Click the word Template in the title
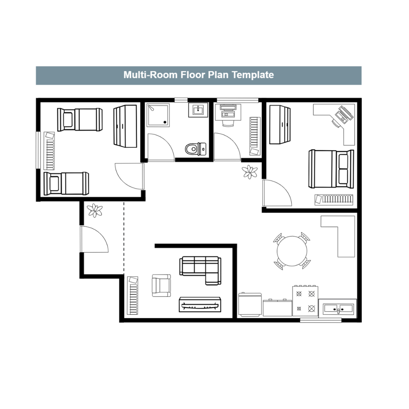tap(253, 75)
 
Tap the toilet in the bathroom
tap(196, 149)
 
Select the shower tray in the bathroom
tap(158, 115)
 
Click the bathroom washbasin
tap(198, 110)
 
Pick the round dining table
tap(292, 251)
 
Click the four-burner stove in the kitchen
tap(305, 301)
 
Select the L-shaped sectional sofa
tap(200, 270)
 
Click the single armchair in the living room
tap(161, 286)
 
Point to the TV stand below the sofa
tap(200, 304)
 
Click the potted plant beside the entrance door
tap(95, 210)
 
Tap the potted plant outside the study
tap(250, 172)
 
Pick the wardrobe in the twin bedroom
tap(125, 126)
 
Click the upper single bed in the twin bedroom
tap(80, 119)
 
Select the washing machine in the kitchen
tap(250, 304)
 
